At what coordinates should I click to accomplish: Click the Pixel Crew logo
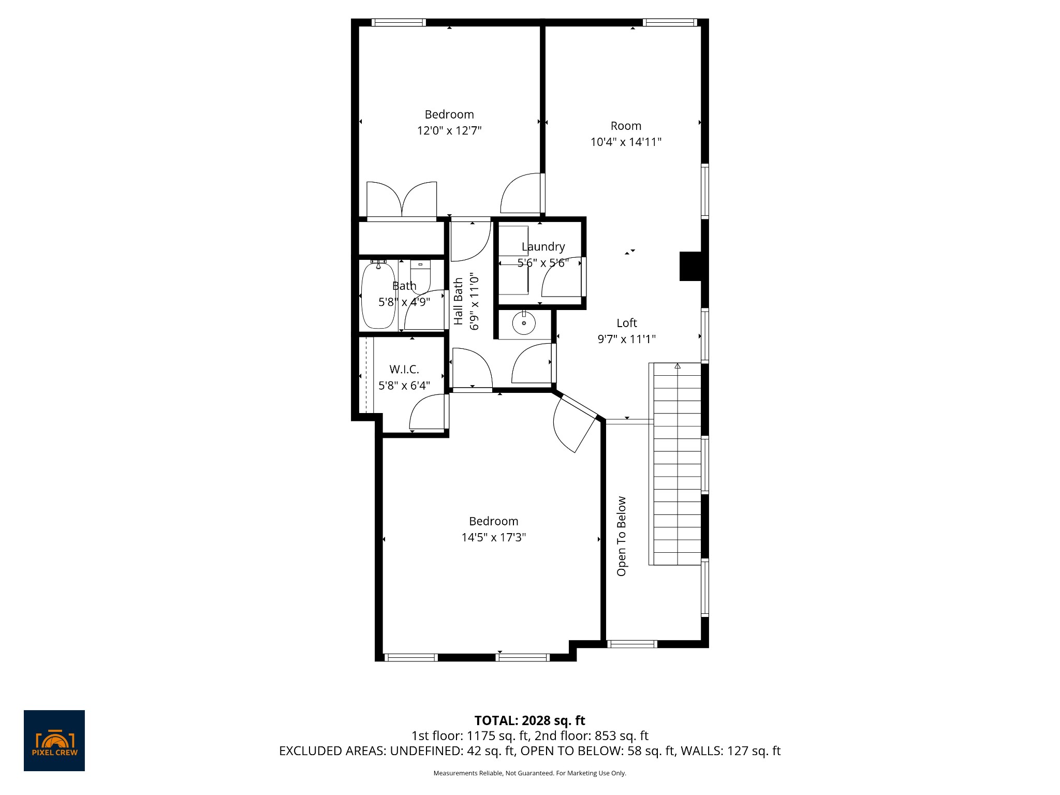tap(54, 740)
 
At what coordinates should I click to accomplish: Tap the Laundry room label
tap(543, 247)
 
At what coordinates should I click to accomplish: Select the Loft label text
tap(626, 323)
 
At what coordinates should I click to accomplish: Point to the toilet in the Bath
tap(420, 274)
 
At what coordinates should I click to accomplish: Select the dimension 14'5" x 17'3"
tap(493, 537)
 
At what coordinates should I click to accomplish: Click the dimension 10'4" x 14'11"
tap(626, 142)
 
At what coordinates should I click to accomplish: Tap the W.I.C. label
tap(404, 369)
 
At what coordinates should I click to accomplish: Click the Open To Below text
tap(622, 536)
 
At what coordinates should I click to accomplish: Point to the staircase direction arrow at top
tap(677, 366)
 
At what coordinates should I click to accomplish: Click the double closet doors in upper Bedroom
tap(402, 201)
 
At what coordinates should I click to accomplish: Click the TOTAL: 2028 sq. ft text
tap(529, 720)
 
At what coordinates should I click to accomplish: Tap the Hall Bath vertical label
tap(459, 301)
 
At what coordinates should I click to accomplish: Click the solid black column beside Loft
tap(690, 266)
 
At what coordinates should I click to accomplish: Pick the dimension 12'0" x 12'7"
tap(449, 130)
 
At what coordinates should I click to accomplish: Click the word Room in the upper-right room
tap(626, 126)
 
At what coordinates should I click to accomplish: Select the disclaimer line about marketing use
tap(529, 773)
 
